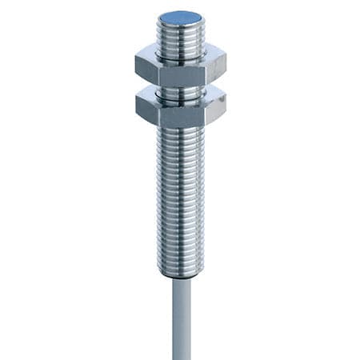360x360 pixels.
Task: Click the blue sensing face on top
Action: pyautogui.click(x=181, y=15)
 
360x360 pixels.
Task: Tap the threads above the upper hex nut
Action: pyautogui.click(x=181, y=40)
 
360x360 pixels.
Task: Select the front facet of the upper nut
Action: pyautogui.click(x=181, y=72)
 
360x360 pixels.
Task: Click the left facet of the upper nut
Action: pyautogui.click(x=146, y=68)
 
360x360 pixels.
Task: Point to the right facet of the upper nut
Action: pyautogui.click(x=214, y=68)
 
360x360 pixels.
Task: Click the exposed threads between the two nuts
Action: pyautogui.click(x=181, y=91)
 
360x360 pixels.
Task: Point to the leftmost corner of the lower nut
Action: pyautogui.click(x=136, y=105)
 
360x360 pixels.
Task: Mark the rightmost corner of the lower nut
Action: pyautogui.click(x=226, y=105)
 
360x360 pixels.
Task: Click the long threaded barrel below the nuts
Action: pyautogui.click(x=181, y=192)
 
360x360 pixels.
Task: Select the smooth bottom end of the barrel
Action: pyautogui.click(x=181, y=269)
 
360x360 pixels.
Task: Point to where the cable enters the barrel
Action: pyautogui.click(x=181, y=277)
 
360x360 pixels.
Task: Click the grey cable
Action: pyautogui.click(x=181, y=320)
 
